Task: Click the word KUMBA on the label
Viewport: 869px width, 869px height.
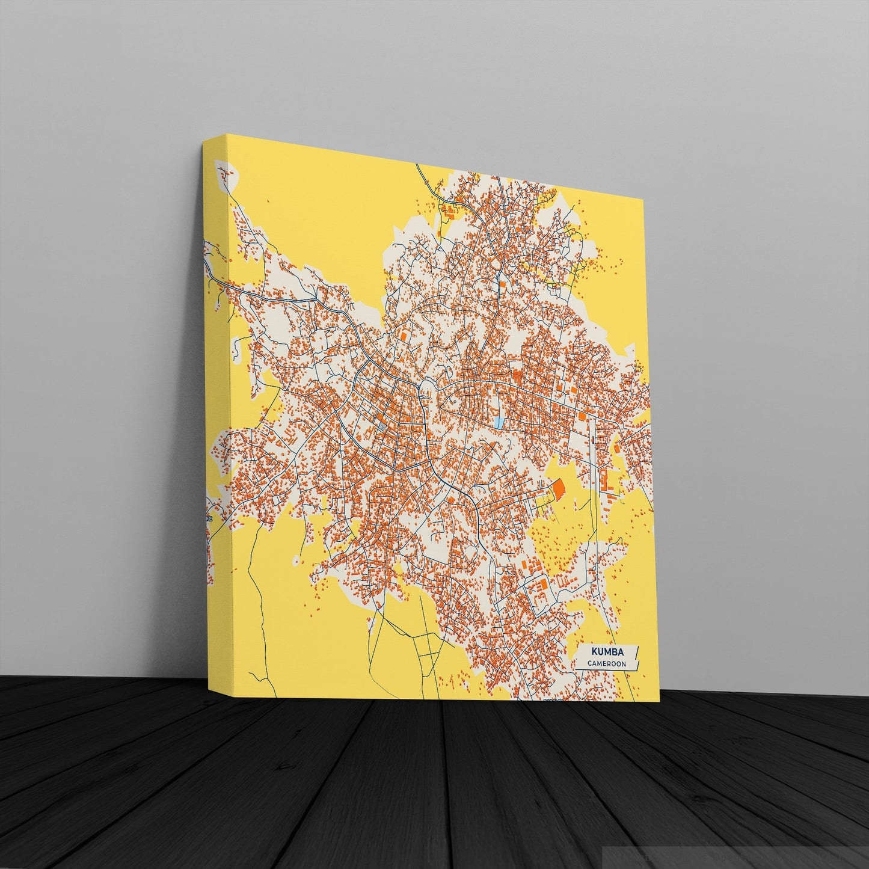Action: (x=606, y=652)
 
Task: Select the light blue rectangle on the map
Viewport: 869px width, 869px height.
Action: (x=499, y=422)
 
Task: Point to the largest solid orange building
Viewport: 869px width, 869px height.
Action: (x=559, y=488)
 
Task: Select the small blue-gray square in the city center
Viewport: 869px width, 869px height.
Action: (x=381, y=428)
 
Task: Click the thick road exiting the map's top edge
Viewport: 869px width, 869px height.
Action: (x=423, y=172)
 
